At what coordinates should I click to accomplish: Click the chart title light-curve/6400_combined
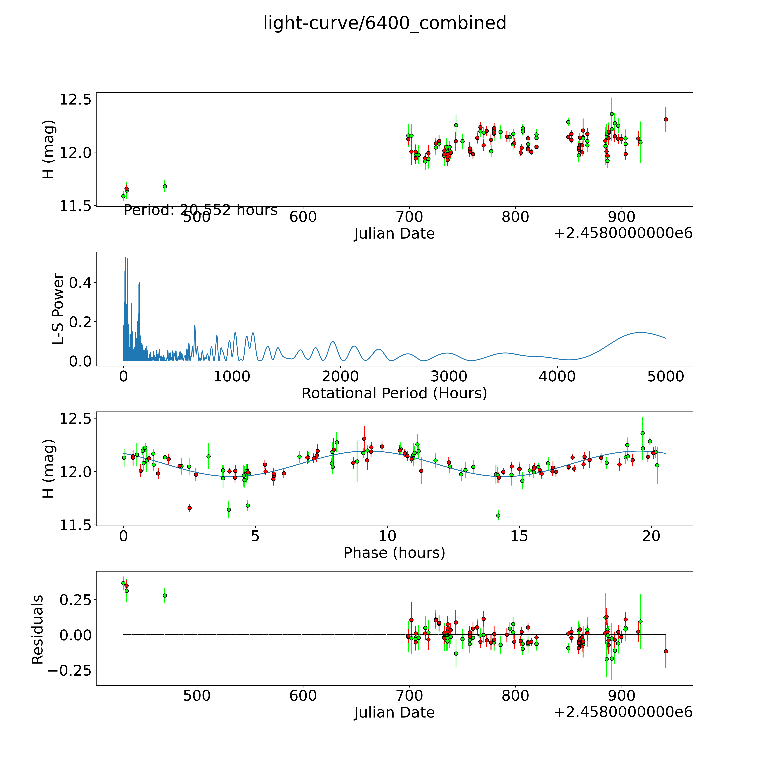385,23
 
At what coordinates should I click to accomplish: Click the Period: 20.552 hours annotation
200,210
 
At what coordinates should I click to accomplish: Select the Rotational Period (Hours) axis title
394,393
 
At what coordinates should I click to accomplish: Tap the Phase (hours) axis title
394,553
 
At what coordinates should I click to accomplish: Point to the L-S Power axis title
58,309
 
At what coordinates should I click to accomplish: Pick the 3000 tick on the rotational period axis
449,376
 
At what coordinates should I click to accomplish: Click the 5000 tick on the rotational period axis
666,376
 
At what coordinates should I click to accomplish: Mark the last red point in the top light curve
666,119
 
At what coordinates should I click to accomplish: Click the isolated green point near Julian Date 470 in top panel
165,186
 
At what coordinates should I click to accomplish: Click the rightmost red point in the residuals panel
666,651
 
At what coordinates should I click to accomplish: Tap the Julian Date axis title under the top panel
394,234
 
